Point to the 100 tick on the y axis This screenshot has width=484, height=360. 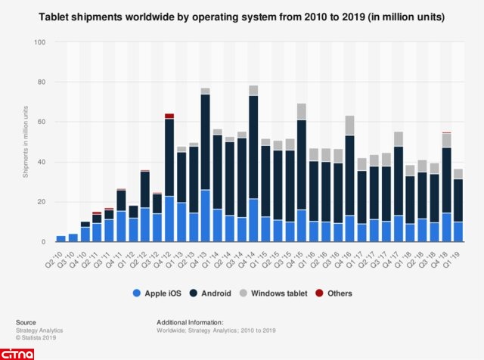click(39, 42)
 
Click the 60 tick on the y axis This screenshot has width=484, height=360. click(41, 122)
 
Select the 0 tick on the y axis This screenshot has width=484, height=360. click(44, 242)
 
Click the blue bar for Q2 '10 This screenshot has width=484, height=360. click(60, 239)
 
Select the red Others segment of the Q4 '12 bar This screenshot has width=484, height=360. click(169, 116)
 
